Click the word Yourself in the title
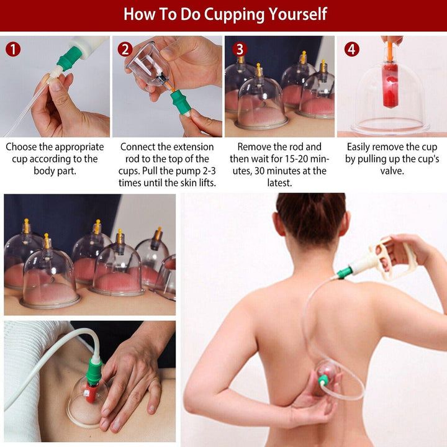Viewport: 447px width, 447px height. tap(295, 14)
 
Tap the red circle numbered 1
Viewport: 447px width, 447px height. tap(12, 49)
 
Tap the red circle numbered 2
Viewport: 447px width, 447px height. tap(125, 49)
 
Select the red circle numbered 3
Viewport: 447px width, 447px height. tap(240, 49)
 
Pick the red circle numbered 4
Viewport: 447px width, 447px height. tap(352, 49)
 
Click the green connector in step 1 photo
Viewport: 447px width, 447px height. tap(69, 58)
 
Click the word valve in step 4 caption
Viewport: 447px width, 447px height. tap(391, 171)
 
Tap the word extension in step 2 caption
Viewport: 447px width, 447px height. tap(192, 147)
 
